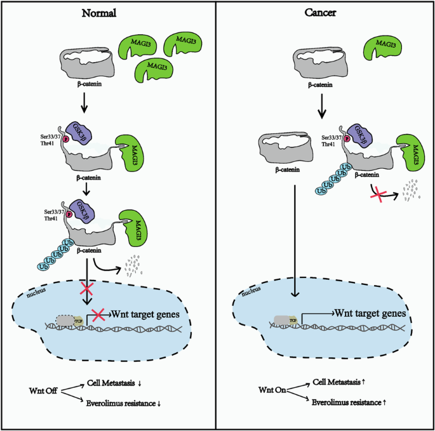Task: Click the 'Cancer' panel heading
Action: [325, 13]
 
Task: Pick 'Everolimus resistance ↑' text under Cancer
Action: [350, 401]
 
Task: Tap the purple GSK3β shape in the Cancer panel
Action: [358, 136]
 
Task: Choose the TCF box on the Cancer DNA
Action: [293, 322]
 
